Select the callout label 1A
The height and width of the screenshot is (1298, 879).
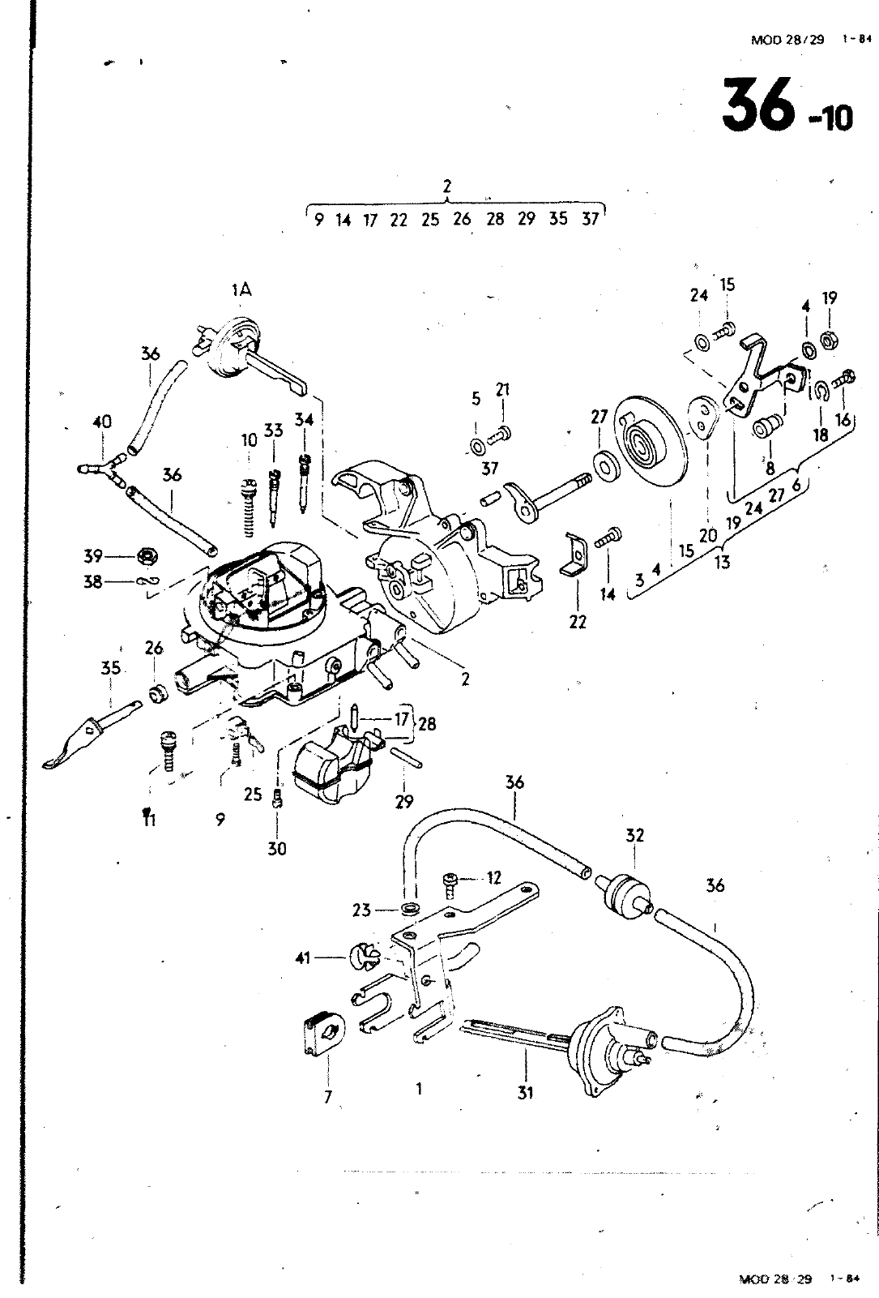click(241, 289)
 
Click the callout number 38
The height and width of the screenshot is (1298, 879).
click(93, 581)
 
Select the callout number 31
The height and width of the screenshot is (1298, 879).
click(525, 1093)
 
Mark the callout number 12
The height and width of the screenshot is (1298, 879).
click(494, 879)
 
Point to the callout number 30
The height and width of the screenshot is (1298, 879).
click(277, 849)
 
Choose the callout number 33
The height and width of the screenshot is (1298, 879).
click(273, 431)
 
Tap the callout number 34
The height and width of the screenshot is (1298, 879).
click(304, 419)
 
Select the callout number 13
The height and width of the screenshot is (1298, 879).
click(722, 562)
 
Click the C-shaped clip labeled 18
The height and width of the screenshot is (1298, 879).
click(821, 392)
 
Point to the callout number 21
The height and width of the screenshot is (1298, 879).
click(502, 389)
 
